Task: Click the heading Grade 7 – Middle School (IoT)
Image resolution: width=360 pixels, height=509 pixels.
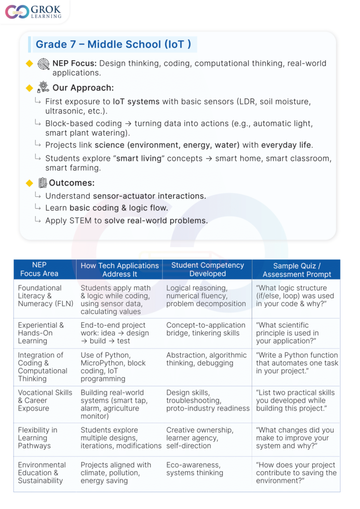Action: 113,44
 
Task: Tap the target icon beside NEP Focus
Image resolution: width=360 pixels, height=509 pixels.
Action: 44,64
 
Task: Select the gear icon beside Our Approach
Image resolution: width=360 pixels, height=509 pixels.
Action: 44,88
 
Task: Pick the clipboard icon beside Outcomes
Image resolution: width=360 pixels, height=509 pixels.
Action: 42,183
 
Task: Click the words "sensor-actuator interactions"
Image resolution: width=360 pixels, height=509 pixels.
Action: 149,196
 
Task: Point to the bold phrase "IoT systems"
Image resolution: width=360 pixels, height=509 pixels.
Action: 136,101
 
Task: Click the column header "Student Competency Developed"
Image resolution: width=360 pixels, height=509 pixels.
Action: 207,269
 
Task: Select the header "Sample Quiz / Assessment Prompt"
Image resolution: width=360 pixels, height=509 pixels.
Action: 296,269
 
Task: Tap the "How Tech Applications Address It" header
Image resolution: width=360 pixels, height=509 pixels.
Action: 119,269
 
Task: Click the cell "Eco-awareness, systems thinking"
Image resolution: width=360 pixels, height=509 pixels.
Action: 194,469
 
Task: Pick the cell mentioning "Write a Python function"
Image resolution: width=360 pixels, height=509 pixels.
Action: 297,363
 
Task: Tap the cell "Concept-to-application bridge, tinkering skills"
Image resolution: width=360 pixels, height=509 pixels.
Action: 206,329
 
